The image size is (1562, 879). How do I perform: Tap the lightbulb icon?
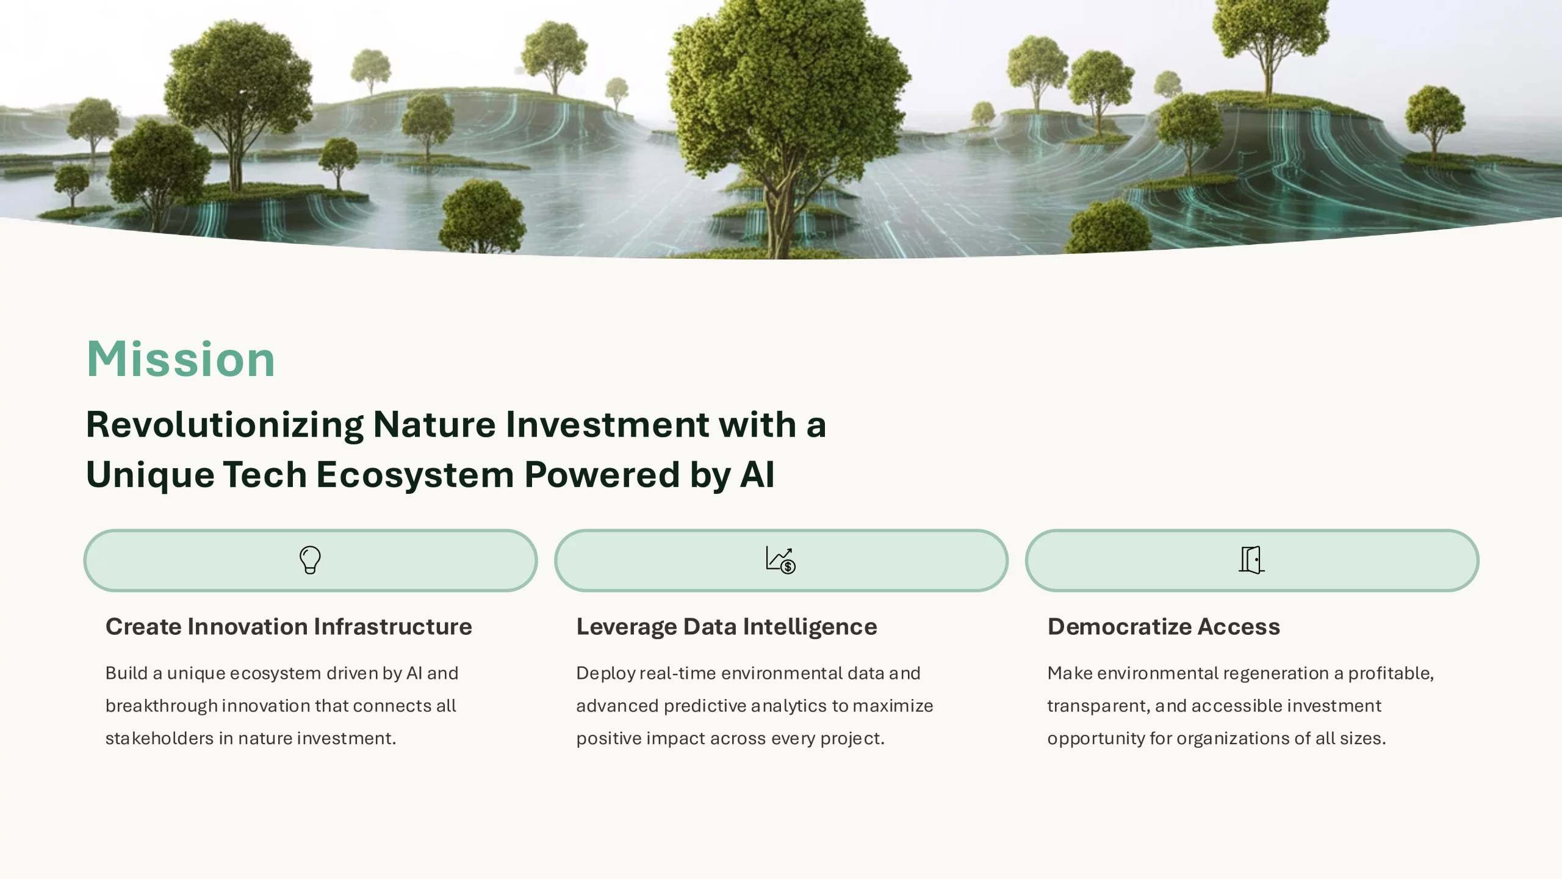tap(310, 560)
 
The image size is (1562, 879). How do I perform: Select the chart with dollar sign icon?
tap(780, 560)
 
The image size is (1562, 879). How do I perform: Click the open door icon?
tap(1251, 560)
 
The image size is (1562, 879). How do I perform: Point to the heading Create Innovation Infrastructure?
tap(289, 627)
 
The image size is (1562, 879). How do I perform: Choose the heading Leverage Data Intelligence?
tap(727, 628)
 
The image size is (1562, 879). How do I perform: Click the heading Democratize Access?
tap(1164, 627)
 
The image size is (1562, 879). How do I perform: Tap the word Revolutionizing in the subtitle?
tap(225, 425)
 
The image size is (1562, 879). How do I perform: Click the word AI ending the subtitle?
tap(757, 474)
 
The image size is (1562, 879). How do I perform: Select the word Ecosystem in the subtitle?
tap(415, 476)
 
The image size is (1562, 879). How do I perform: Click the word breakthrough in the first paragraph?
tap(162, 706)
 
